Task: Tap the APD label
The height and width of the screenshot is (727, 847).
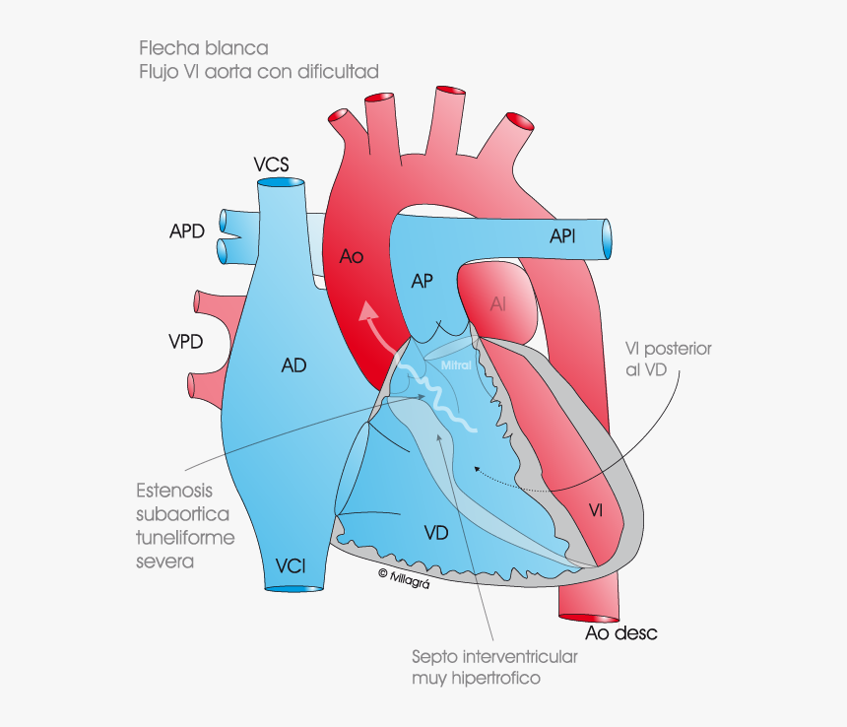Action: [x=186, y=231]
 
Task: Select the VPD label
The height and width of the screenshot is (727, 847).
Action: [x=185, y=342]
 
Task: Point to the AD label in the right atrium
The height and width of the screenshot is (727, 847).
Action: [x=293, y=365]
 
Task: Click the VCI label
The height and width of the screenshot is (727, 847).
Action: [x=291, y=565]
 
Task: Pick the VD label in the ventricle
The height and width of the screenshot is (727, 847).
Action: [x=436, y=533]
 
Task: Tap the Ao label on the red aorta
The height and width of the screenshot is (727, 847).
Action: [x=352, y=256]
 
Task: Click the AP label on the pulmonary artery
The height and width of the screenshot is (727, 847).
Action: [x=422, y=282]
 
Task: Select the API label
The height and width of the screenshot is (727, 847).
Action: [x=563, y=236]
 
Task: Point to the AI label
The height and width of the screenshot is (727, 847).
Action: [x=498, y=304]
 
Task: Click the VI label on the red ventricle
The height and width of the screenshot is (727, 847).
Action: [x=597, y=509]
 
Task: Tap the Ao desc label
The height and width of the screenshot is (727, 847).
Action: [x=620, y=632]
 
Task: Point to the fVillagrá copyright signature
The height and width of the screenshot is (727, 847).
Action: [x=404, y=577]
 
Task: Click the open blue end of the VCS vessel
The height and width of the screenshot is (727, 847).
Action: [x=281, y=183]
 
